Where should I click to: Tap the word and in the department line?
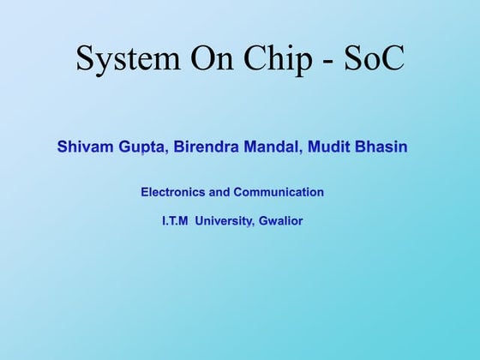click(x=220, y=192)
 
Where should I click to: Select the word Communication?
click(x=279, y=192)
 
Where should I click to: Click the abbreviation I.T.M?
click(x=176, y=220)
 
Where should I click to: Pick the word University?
click(x=224, y=220)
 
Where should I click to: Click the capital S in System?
click(x=85, y=57)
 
